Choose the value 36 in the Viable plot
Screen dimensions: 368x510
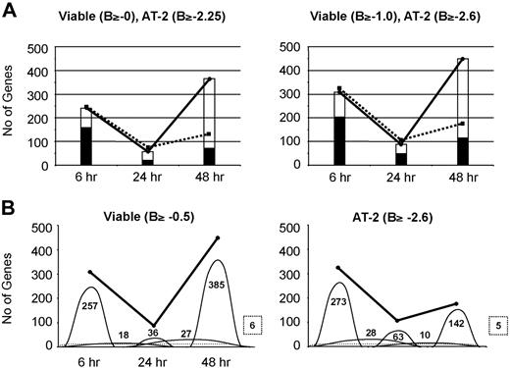pos(153,333)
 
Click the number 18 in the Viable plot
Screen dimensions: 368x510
pos(123,336)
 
